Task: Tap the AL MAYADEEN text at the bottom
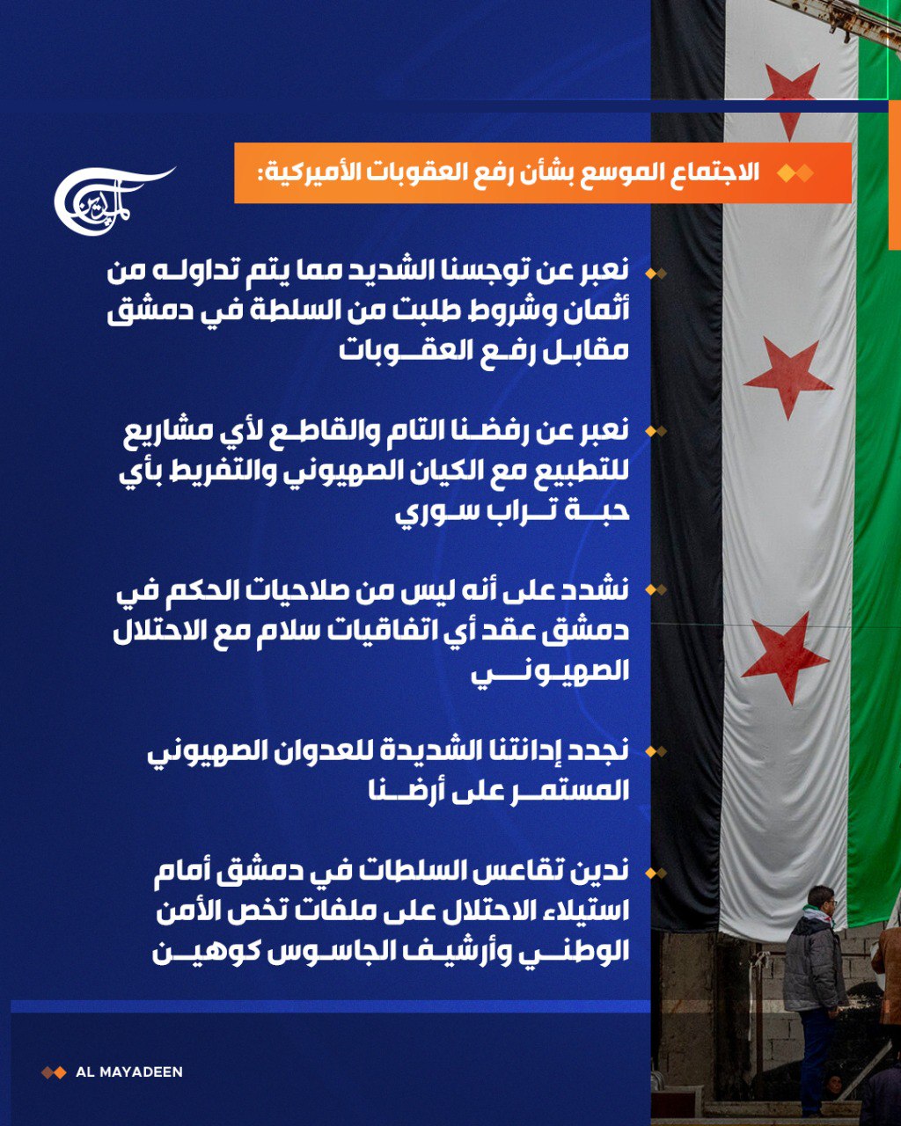pyautogui.click(x=129, y=1072)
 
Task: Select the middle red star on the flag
pyautogui.click(x=787, y=377)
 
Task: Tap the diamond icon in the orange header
pyautogui.click(x=795, y=173)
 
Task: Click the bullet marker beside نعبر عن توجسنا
pyautogui.click(x=656, y=273)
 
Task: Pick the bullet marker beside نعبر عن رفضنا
pyautogui.click(x=656, y=431)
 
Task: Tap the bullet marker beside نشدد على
pyautogui.click(x=656, y=589)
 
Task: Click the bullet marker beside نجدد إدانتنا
pyautogui.click(x=656, y=751)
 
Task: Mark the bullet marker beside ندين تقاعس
pyautogui.click(x=656, y=874)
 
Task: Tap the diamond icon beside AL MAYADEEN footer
pyautogui.click(x=54, y=1072)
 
